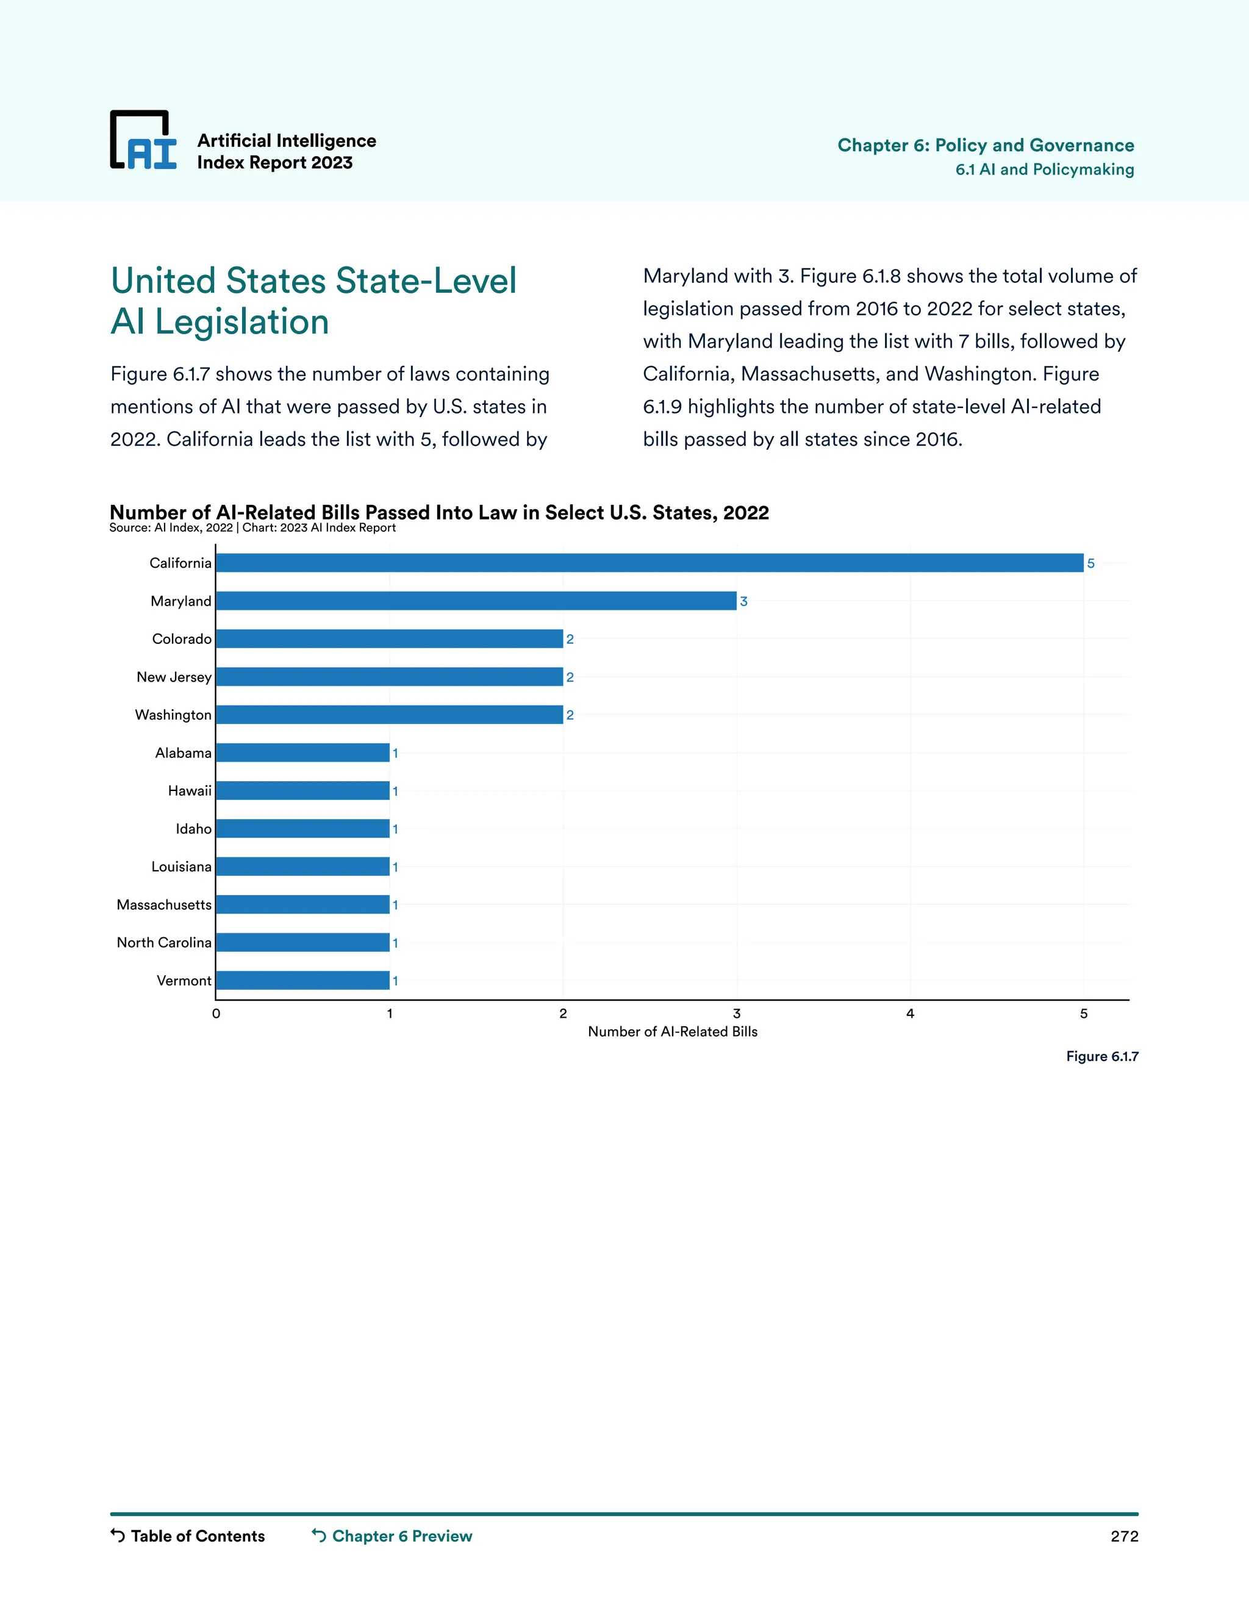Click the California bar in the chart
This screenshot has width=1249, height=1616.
[x=650, y=563]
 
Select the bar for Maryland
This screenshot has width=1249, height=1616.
[x=476, y=601]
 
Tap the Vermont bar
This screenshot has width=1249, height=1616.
[x=302, y=981]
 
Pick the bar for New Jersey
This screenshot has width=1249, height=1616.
[x=389, y=677]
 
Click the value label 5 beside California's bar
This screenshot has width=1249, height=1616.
[x=1090, y=564]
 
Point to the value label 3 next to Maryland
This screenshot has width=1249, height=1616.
[x=743, y=601]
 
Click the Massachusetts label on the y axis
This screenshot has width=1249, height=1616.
[x=164, y=905]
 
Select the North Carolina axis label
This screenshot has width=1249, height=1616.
[x=164, y=943]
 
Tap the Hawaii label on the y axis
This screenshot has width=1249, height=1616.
[x=190, y=791]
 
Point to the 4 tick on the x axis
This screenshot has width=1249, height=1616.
[x=910, y=1014]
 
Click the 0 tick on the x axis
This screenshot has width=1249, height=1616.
[x=216, y=1014]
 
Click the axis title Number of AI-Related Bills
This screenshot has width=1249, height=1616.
[x=673, y=1031]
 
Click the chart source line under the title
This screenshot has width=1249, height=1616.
[x=252, y=527]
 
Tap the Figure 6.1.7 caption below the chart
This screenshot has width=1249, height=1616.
[x=1102, y=1057]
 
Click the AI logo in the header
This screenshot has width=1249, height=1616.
[x=143, y=141]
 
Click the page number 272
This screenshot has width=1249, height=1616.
[x=1124, y=1536]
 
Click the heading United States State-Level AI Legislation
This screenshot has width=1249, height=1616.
[x=313, y=301]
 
